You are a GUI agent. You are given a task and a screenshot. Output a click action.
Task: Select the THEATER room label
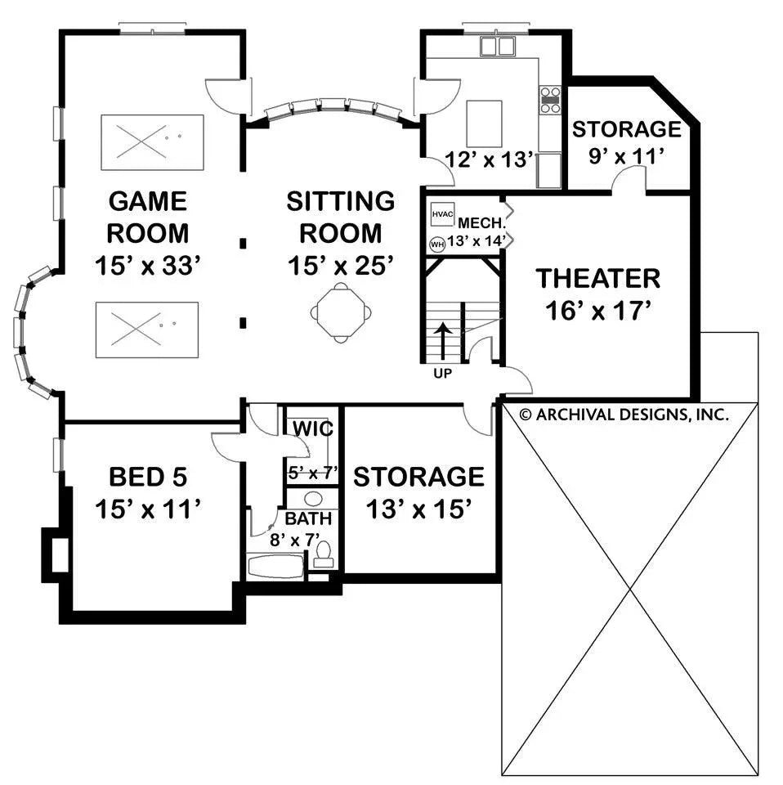597,278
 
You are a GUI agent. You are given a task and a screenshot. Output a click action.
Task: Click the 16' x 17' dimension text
597,312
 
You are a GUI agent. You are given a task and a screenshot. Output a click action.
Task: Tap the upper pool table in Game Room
152,142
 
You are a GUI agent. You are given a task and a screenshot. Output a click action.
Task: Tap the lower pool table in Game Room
147,330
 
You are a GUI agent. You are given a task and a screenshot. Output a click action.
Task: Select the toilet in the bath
324,554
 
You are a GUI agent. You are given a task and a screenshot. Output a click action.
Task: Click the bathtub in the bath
275,567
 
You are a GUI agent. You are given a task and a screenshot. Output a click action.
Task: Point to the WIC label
311,429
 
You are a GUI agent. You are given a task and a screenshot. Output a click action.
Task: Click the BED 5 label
148,476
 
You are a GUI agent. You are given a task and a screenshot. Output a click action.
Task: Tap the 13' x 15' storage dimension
418,509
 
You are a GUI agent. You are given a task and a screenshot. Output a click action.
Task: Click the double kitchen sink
497,47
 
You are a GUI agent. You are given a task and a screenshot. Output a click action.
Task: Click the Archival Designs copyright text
624,415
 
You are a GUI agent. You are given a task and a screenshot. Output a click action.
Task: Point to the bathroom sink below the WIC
312,498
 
